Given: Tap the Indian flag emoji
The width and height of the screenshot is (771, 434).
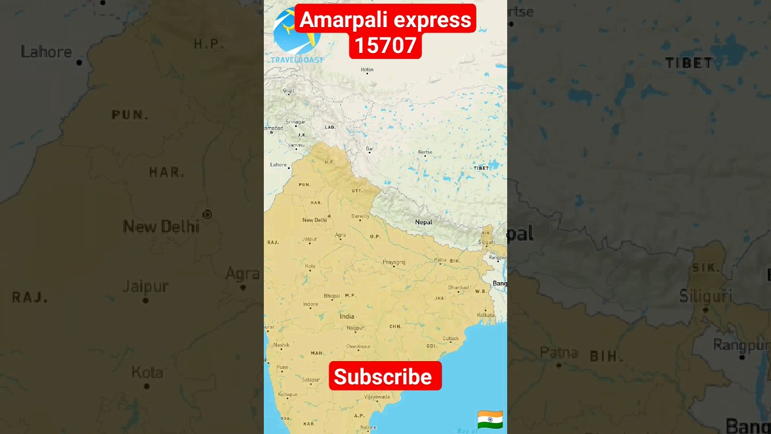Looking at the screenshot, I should point(490,419).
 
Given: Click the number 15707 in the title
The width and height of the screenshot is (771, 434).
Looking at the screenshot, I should point(385,45).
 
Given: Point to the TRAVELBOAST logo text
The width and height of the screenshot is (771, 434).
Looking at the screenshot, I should point(297,60).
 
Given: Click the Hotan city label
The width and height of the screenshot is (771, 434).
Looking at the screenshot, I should point(367,69).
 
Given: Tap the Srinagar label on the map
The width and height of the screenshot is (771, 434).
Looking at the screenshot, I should point(295,122).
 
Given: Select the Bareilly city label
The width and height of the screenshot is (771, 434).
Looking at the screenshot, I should point(360,216).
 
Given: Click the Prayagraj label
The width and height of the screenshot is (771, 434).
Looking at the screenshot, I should point(394,262).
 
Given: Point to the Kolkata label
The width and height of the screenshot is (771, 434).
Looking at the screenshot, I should point(485,315).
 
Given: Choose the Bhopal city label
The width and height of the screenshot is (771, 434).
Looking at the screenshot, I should point(332,295).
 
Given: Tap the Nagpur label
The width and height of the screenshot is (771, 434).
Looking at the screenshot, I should point(355,328).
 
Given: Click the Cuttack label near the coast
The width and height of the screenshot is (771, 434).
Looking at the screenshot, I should point(451,338).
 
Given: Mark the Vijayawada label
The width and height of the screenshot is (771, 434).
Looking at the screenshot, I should point(377,397).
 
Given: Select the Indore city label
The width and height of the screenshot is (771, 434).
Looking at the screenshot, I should point(311,304).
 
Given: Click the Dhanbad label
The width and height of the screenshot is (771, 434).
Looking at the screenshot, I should point(458,288).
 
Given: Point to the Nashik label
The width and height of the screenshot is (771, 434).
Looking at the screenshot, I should point(281,345).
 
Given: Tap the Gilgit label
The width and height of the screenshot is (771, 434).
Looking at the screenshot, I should point(289,90).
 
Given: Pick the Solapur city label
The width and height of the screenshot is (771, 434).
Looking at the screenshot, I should point(311,380).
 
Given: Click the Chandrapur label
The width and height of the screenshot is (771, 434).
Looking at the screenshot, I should point(358,347).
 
